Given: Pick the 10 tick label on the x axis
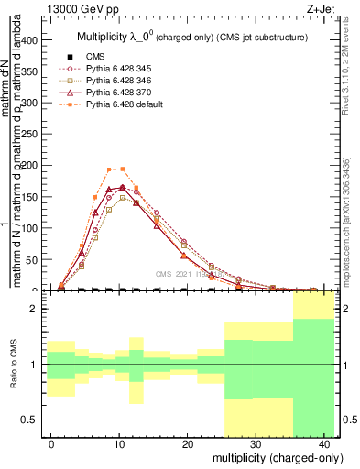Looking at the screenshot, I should tap(120, 443).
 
